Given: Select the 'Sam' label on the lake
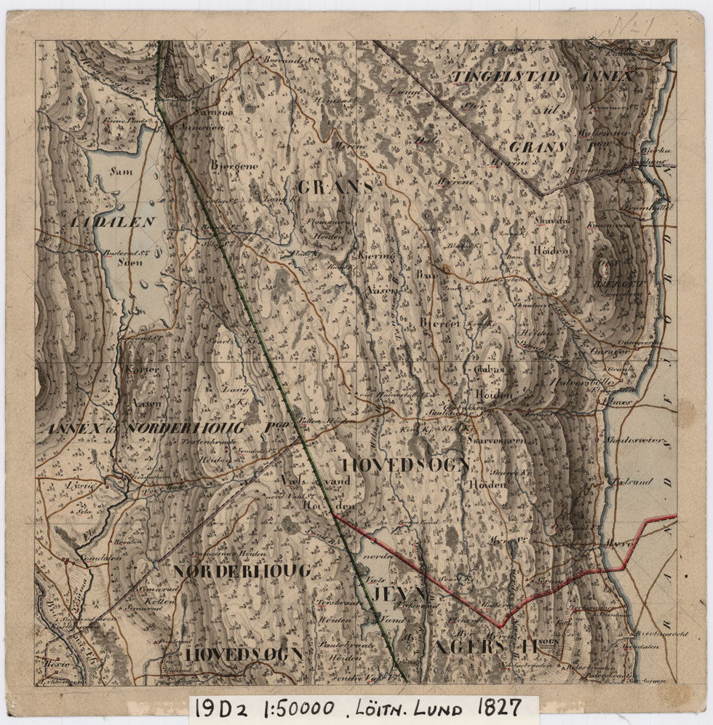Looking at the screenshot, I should tap(121, 172).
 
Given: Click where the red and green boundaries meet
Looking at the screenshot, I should tap(334, 514).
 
